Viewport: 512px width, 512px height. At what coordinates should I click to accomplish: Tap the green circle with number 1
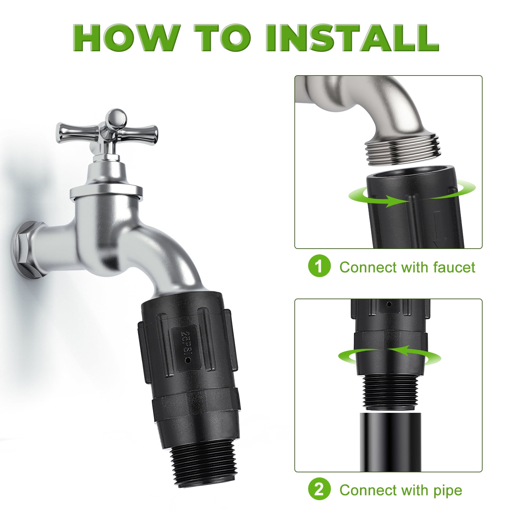(x=319, y=267)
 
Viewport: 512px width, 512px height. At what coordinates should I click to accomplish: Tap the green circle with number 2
(x=319, y=489)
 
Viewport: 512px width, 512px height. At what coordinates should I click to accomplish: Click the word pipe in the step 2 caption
(x=448, y=490)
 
